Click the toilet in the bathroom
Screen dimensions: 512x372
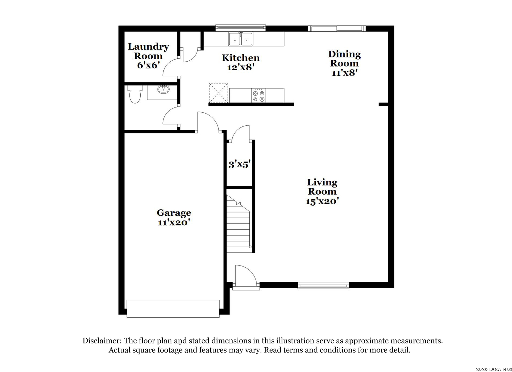(135, 94)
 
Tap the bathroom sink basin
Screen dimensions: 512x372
(163, 89)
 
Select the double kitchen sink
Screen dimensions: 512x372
(240, 39)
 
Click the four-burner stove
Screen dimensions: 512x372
(259, 95)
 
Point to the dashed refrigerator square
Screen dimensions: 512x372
(219, 93)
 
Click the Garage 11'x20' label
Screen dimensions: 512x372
(174, 217)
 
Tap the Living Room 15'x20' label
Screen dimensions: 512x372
(322, 192)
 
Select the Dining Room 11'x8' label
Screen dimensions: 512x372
(344, 63)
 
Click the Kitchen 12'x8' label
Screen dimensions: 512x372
(241, 62)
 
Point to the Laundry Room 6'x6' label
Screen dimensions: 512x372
(148, 56)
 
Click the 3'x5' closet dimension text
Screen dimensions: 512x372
(240, 164)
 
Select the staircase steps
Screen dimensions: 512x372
(239, 224)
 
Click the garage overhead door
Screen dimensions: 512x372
(173, 309)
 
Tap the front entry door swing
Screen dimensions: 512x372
(246, 276)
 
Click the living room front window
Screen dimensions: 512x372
(323, 286)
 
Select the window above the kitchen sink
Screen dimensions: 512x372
(240, 28)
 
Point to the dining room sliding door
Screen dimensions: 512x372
(337, 29)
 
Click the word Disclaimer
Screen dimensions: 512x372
(102, 341)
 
